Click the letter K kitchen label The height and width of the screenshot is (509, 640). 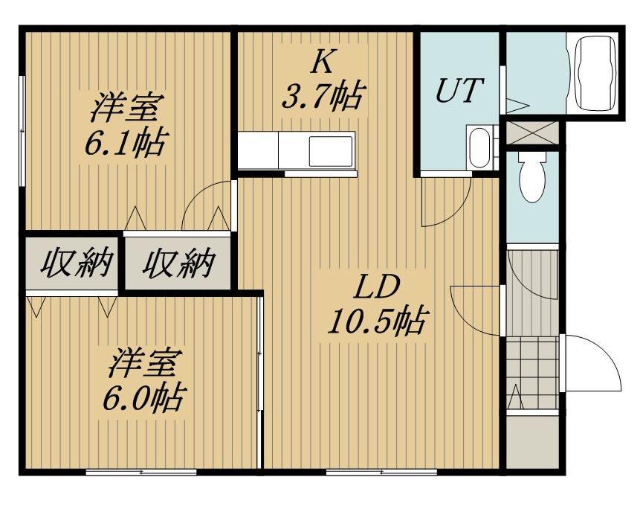(x=323, y=63)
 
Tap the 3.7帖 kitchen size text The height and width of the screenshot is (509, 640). (x=322, y=97)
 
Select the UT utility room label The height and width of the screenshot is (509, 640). (x=459, y=90)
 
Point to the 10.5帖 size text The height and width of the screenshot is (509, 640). (x=377, y=321)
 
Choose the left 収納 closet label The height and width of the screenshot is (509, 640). (x=77, y=263)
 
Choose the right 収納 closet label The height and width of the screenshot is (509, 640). (x=178, y=263)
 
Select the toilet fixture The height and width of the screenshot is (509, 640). (x=533, y=176)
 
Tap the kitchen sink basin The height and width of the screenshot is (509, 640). (x=331, y=152)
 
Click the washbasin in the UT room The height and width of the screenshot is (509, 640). (x=480, y=148)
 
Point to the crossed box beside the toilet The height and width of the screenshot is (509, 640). (x=532, y=132)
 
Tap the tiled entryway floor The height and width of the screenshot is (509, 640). (x=532, y=373)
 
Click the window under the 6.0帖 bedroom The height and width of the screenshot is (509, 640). (x=141, y=473)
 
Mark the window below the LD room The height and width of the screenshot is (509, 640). (x=381, y=473)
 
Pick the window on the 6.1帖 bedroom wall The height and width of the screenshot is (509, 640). (x=23, y=131)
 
